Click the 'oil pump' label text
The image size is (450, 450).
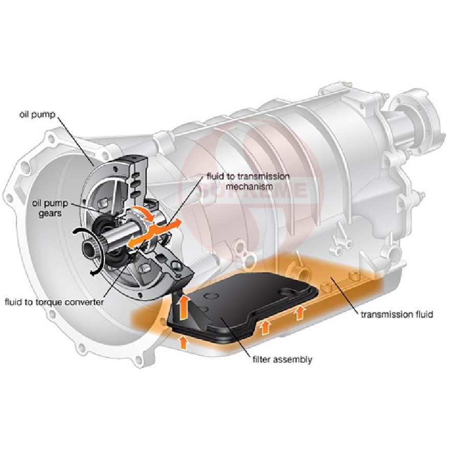[37, 115]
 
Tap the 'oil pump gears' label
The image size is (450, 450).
[50, 208]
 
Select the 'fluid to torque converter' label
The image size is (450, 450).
[54, 302]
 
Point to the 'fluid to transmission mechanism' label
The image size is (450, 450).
[248, 182]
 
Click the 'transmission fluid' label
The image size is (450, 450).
[397, 314]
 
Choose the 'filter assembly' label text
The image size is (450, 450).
[282, 359]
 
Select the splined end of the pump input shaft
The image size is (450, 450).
[92, 244]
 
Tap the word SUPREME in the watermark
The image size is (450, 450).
[251, 190]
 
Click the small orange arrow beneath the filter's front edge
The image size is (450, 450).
[183, 343]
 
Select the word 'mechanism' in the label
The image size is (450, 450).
[250, 187]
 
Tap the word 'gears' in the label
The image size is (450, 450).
[50, 214]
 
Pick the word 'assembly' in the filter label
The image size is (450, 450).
[292, 360]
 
